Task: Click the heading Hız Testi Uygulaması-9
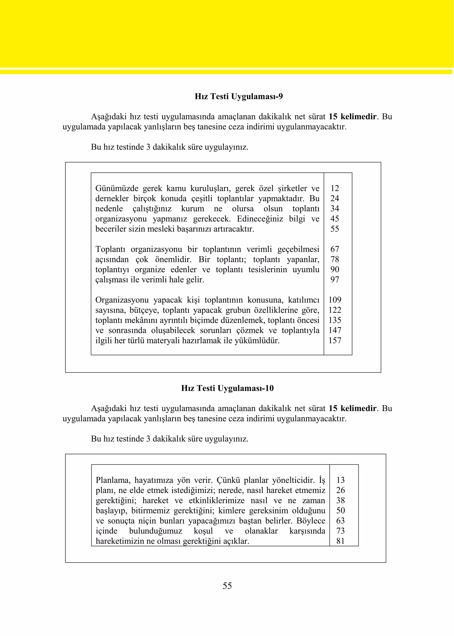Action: tap(239, 96)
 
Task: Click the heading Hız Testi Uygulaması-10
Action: tap(227, 388)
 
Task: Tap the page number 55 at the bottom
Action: tap(227, 586)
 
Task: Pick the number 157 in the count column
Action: tap(335, 341)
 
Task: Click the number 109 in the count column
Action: tap(335, 300)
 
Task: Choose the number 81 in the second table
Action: tap(340, 541)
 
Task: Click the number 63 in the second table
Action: tap(340, 521)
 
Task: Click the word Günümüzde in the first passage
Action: tap(117, 189)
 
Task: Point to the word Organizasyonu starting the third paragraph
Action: tap(122, 300)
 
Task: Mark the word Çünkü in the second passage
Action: tap(228, 480)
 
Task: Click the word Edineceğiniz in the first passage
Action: tap(260, 219)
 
